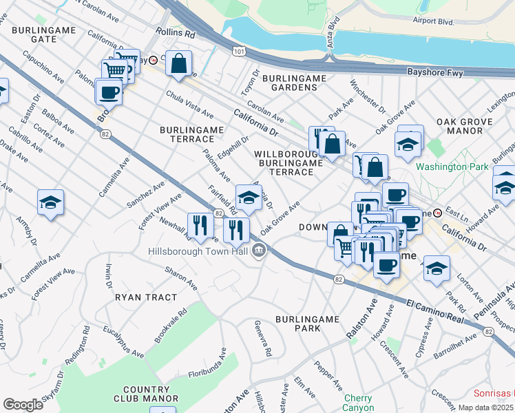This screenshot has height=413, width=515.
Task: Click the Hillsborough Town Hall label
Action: click(198, 251)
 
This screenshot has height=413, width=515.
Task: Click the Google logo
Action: click(23, 404)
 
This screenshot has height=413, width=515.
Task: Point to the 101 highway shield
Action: click(239, 51)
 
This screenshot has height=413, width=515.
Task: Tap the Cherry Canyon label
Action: click(357, 403)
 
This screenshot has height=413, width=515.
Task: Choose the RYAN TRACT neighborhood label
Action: click(146, 297)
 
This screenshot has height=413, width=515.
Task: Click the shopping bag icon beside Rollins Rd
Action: click(178, 64)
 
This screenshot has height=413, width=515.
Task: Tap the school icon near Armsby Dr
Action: click(50, 202)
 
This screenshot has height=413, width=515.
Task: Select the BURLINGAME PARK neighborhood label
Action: click(308, 324)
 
